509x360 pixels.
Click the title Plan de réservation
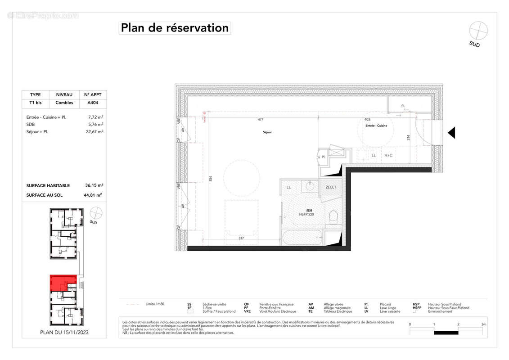pos(175,28)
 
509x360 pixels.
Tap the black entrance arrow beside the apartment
pos(451,133)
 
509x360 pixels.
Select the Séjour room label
pos(267,132)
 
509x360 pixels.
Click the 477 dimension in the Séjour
pos(260,120)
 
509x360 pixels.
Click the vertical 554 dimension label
pos(210,178)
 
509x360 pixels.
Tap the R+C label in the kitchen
pos(388,156)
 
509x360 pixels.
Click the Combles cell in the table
pos(64,103)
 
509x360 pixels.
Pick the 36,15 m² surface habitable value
pos(93,185)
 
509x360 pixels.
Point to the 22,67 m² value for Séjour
pos(95,131)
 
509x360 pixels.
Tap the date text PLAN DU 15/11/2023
pos(64,333)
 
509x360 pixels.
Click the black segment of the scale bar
pos(446,333)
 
